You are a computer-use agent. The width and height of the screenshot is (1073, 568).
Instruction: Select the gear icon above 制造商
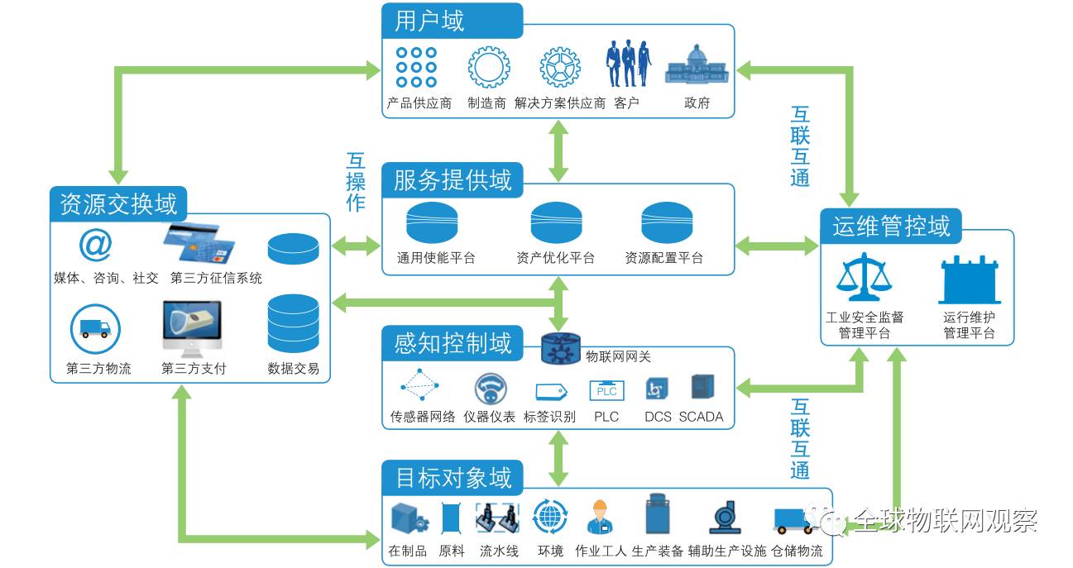(488, 67)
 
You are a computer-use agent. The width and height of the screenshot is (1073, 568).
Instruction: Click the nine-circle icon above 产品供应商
(416, 67)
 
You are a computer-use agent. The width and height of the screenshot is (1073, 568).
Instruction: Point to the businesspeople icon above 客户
(626, 63)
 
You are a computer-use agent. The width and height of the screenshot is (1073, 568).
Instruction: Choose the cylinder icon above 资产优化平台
(556, 223)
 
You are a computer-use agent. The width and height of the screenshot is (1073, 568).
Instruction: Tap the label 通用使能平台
(436, 258)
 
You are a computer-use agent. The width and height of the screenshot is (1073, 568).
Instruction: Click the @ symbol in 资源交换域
(95, 245)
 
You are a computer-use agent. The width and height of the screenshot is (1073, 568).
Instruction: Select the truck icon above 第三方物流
(95, 329)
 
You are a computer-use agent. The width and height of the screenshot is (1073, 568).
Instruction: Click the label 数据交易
(293, 369)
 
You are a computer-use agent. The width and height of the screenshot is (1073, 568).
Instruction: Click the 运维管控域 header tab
(891, 226)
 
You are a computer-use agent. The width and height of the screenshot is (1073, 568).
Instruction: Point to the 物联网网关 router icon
(562, 349)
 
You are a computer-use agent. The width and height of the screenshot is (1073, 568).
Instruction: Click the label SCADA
(701, 417)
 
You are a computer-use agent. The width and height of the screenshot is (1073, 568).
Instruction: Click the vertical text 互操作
(356, 182)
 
